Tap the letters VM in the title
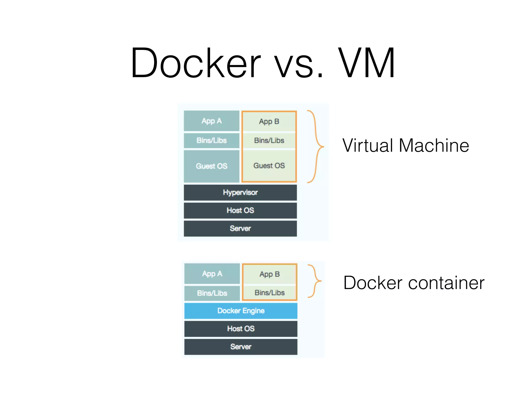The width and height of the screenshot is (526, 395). coord(367,63)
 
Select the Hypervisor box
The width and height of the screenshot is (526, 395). coord(240,192)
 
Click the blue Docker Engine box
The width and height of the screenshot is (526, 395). coord(241,311)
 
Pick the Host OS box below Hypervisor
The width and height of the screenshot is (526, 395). coord(240,210)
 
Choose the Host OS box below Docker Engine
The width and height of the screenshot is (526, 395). coord(241,329)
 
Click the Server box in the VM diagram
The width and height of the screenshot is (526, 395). coord(240,228)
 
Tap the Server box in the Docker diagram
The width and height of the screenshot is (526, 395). coord(241,347)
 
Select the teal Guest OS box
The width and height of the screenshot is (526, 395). coord(211,166)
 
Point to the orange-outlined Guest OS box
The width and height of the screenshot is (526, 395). coord(269,166)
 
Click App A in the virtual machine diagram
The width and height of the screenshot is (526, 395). coord(211,121)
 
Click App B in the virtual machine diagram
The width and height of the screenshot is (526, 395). coord(269,121)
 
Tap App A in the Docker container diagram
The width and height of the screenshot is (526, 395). coord(212,274)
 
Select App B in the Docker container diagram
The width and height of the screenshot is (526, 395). coord(269,274)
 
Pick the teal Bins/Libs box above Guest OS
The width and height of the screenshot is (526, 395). coord(211,140)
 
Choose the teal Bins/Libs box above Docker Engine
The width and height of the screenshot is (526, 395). coord(212,293)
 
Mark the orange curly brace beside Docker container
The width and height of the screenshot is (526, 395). coord(315,281)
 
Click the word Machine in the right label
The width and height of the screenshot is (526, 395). coord(434,146)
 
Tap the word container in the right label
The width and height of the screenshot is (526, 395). coord(446,283)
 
